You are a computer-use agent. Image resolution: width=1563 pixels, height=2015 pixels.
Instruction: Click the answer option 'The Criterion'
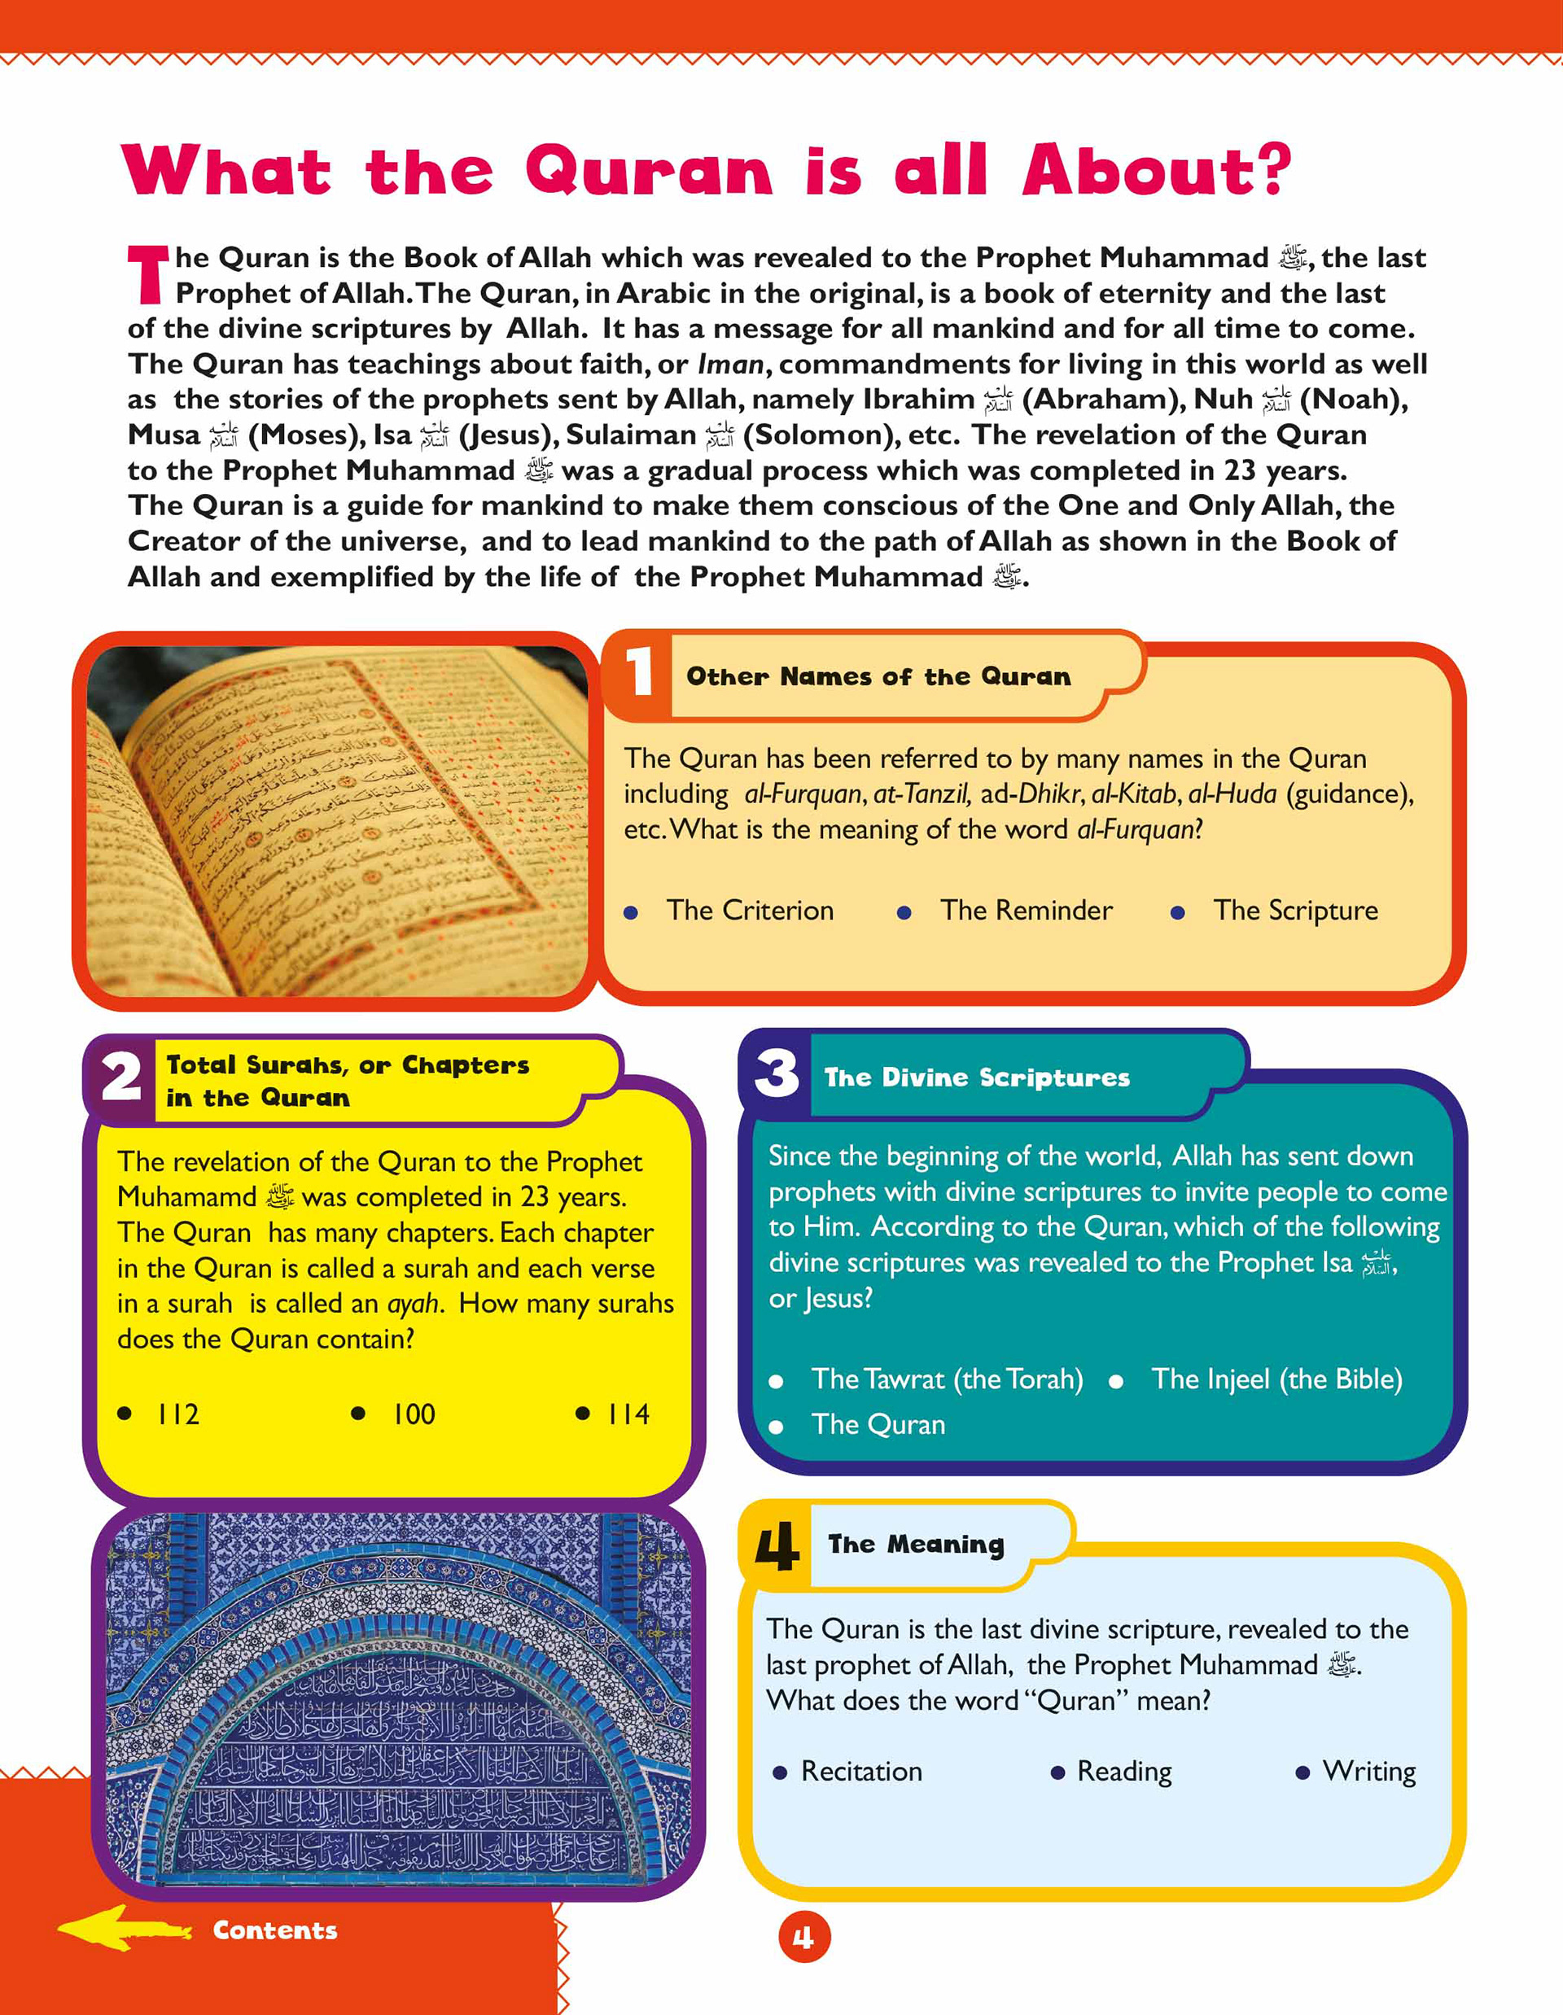point(749,911)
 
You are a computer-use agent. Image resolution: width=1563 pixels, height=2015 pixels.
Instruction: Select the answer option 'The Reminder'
point(1025,911)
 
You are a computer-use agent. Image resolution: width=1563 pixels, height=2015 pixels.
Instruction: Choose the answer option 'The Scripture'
point(1294,911)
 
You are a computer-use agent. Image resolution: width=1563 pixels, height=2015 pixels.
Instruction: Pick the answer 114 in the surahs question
point(628,1414)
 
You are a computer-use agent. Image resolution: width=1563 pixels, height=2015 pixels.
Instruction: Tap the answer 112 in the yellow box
point(177,1414)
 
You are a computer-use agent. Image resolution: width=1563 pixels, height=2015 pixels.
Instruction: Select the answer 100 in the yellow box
point(413,1414)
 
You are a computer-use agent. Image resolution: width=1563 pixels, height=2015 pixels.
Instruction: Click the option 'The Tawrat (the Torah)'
point(947,1379)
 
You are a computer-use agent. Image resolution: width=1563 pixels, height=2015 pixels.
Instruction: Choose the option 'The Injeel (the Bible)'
point(1276,1379)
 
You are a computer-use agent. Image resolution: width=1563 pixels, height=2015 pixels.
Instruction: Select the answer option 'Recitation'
point(860,1772)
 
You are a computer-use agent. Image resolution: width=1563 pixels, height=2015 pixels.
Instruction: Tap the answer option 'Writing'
point(1368,1772)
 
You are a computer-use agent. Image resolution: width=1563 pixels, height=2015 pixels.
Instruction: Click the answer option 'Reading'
point(1123,1772)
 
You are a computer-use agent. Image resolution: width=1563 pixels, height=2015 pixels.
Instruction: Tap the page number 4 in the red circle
point(803,1938)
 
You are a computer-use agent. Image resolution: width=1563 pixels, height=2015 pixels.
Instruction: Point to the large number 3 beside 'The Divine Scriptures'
point(777,1074)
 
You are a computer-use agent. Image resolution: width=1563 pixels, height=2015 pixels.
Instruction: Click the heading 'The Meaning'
point(915,1545)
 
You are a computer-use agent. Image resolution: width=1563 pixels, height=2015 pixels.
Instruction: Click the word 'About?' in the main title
point(1157,171)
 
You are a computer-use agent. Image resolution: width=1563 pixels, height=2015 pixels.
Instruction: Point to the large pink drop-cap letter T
point(147,275)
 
